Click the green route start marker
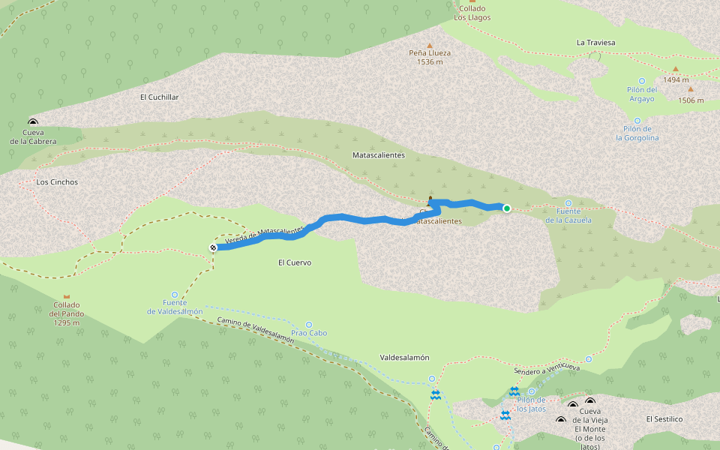tap(507, 208)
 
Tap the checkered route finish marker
tap(213, 247)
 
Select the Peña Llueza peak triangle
tap(430, 44)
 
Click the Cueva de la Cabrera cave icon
tap(33, 122)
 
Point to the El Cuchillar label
tap(159, 97)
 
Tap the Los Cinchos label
tap(57, 182)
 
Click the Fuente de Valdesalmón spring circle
tap(175, 295)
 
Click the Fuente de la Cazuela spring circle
tap(568, 203)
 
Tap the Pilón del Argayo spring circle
tap(641, 81)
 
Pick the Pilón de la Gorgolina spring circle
tap(637, 120)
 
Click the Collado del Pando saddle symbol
tap(67, 297)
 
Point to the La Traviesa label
tap(595, 43)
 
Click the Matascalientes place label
tap(378, 155)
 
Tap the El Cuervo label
tap(294, 263)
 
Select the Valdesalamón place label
tap(404, 358)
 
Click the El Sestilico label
tap(664, 418)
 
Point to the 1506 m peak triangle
tap(691, 89)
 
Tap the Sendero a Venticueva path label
tap(547, 369)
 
